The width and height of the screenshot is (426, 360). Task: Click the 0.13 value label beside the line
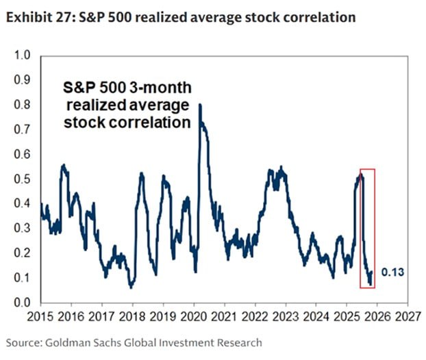pyautogui.click(x=394, y=272)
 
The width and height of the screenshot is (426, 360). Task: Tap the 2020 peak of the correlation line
pyautogui.click(x=199, y=105)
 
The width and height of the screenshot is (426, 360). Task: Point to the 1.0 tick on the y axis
pyautogui.click(x=22, y=55)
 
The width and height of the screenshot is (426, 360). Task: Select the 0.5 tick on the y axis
pyautogui.click(x=22, y=179)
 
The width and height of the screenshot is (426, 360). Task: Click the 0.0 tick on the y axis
pyautogui.click(x=22, y=303)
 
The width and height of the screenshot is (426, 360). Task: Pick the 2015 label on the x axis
pyautogui.click(x=41, y=318)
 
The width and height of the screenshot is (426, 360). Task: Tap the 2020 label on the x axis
pyautogui.click(x=194, y=318)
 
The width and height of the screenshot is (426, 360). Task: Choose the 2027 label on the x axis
pyautogui.click(x=408, y=318)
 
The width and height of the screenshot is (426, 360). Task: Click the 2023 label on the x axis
pyautogui.click(x=286, y=318)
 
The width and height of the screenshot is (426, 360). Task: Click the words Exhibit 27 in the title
pyautogui.click(x=34, y=17)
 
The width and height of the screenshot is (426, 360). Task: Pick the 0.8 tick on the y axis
pyautogui.click(x=22, y=105)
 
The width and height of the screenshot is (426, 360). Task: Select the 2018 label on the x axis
pyautogui.click(x=133, y=318)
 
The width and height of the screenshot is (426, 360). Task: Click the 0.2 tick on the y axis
pyautogui.click(x=22, y=253)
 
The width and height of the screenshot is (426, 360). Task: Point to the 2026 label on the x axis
pyautogui.click(x=377, y=318)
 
